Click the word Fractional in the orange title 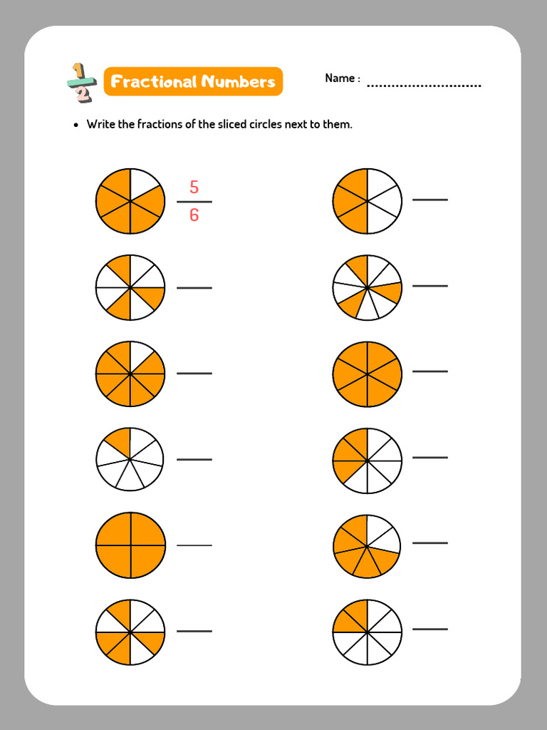click(x=153, y=82)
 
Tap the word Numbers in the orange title click(x=238, y=82)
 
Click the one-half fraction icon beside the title click(x=80, y=83)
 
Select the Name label click(x=342, y=78)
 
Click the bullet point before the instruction click(x=76, y=125)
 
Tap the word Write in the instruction click(x=101, y=124)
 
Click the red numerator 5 click(x=194, y=187)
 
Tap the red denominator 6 click(x=194, y=215)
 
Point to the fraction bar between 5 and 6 click(x=194, y=202)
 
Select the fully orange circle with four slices click(x=130, y=545)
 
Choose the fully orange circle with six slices click(x=367, y=374)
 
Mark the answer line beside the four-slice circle click(x=194, y=545)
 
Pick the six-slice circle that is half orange click(x=367, y=202)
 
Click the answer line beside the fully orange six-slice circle click(x=430, y=371)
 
